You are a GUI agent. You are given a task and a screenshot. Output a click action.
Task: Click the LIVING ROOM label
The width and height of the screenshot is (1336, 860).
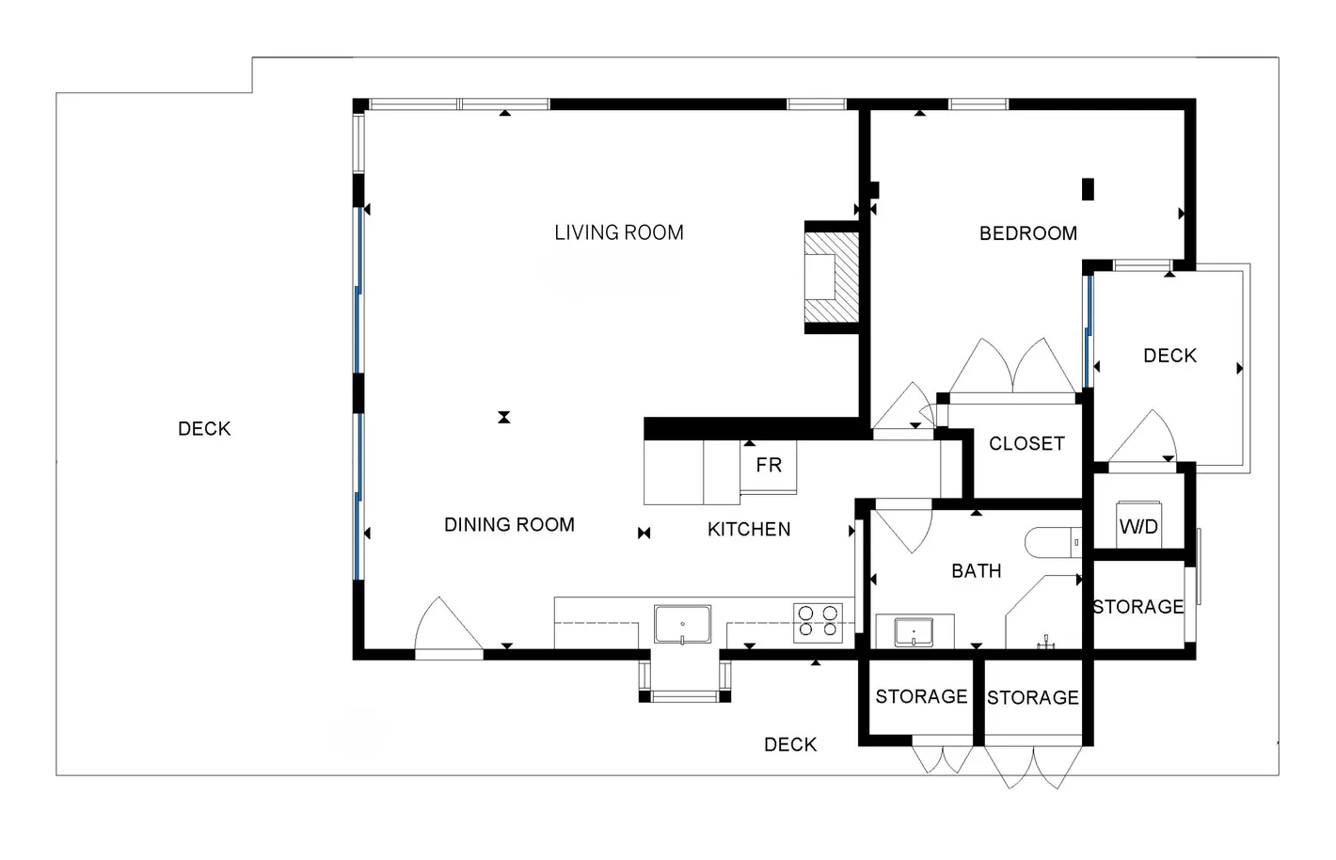click(x=618, y=232)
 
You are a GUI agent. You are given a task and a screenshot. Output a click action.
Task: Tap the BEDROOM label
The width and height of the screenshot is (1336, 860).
click(x=1028, y=233)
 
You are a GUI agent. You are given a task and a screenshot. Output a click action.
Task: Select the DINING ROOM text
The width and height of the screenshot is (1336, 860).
click(x=509, y=525)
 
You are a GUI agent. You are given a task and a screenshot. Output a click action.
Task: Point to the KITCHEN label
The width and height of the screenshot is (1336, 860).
click(x=749, y=529)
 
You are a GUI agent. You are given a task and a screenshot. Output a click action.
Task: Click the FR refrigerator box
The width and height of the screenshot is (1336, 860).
click(x=768, y=467)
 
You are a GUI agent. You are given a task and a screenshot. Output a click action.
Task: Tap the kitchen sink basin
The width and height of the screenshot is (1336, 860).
click(x=682, y=625)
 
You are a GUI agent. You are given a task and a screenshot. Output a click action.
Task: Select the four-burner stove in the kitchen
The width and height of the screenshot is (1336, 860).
click(x=818, y=623)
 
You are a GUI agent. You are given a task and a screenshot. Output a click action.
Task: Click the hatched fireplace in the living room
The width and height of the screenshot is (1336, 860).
click(x=832, y=277)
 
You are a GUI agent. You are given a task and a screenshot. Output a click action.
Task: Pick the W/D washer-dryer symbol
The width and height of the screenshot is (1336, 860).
click(x=1138, y=525)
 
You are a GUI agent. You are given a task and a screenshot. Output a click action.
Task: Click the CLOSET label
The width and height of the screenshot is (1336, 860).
click(x=1026, y=444)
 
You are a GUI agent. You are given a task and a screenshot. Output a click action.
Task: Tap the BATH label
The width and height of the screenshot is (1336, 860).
click(x=977, y=571)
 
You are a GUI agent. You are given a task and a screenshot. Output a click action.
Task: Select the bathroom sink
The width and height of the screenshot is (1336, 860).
click(x=914, y=632)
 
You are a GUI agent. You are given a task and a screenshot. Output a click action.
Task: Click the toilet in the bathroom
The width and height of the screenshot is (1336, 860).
click(x=1054, y=542)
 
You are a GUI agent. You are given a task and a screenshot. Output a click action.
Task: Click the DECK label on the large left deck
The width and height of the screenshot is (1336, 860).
click(x=204, y=429)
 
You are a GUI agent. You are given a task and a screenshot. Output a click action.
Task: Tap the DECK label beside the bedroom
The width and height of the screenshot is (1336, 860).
click(x=1169, y=356)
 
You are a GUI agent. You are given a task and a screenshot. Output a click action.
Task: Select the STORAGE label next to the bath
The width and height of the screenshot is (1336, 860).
click(x=1138, y=607)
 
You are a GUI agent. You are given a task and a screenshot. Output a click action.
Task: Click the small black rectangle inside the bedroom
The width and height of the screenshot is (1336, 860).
click(x=1088, y=189)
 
